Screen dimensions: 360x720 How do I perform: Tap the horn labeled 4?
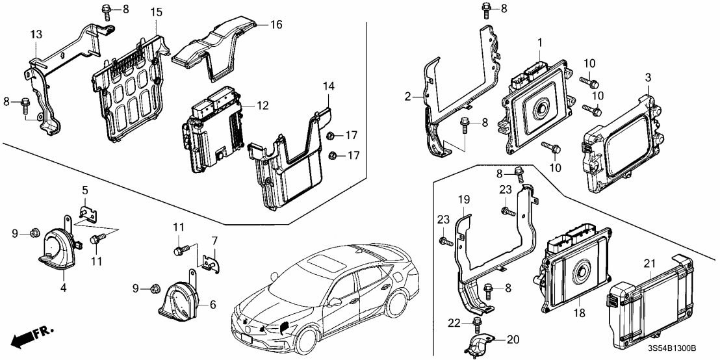tap(57, 246)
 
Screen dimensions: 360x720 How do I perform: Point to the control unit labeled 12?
tap(212, 130)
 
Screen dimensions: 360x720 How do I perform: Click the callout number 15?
tap(156, 13)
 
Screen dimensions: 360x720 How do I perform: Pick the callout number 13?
tap(36, 33)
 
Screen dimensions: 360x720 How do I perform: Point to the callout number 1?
tap(539, 42)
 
